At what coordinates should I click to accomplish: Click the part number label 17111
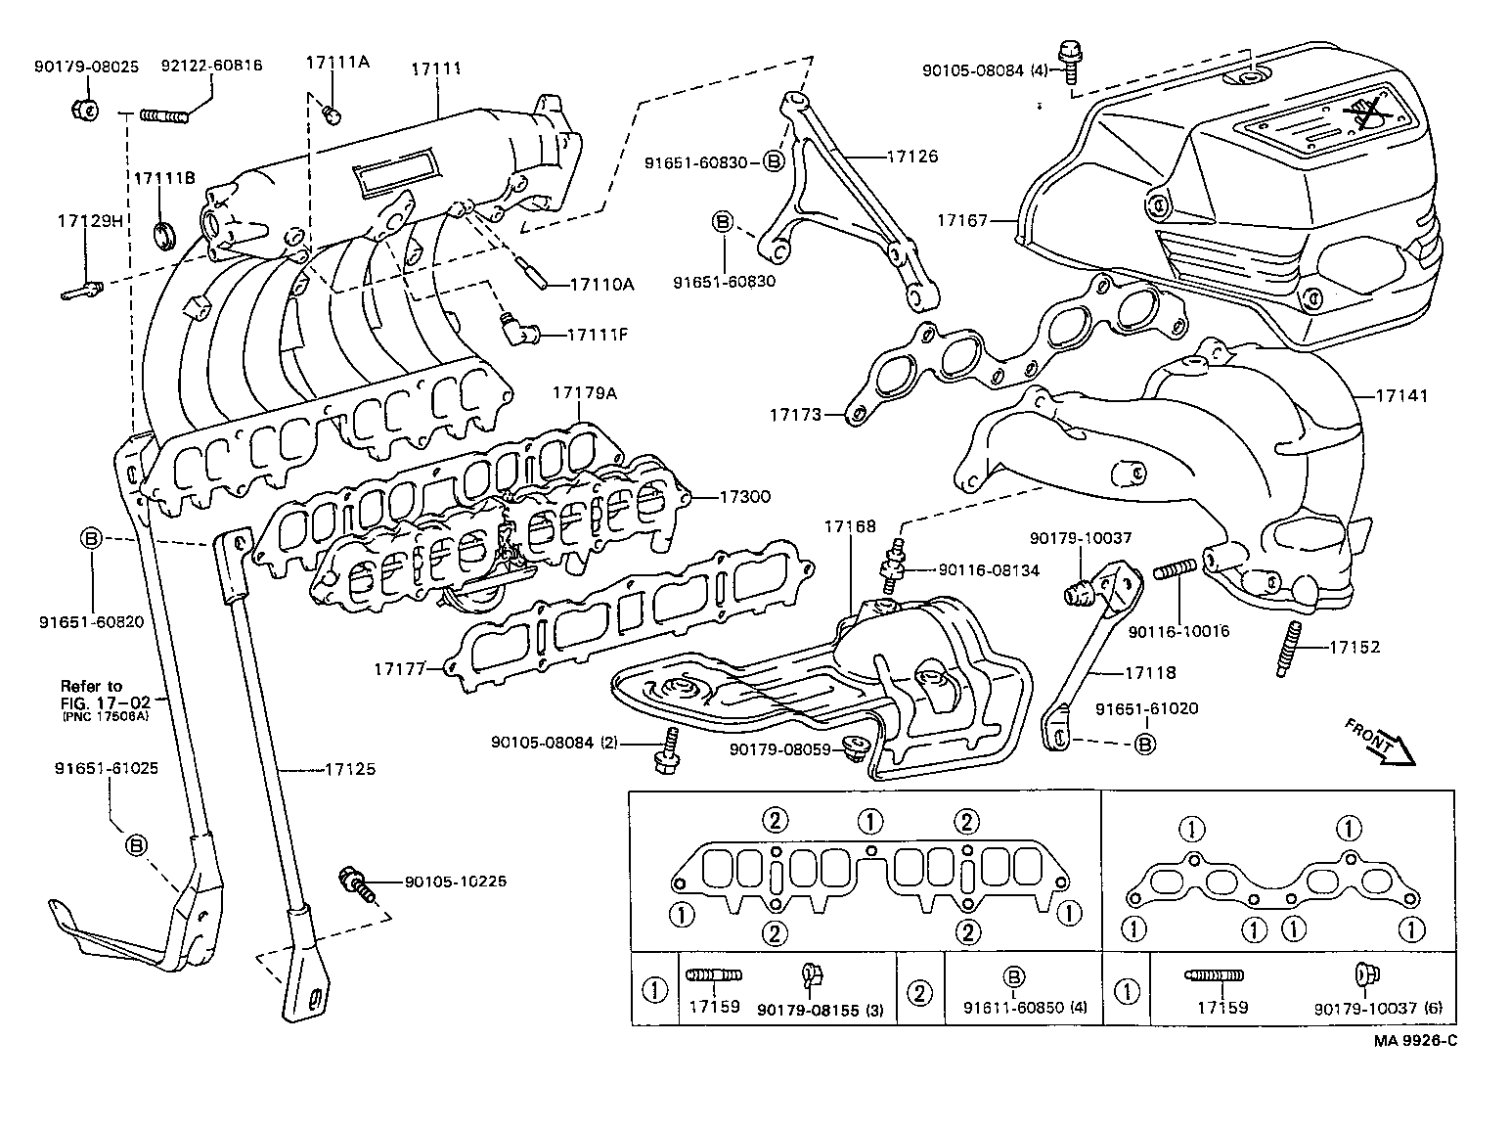[x=436, y=68]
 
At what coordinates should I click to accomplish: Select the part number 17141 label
[x=1401, y=396]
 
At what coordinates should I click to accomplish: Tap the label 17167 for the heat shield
[x=961, y=220]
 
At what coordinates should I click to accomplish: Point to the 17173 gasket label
[x=793, y=415]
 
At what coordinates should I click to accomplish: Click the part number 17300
[x=744, y=497]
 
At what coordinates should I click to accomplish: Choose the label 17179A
[x=584, y=392]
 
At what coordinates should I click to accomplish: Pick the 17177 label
[x=399, y=669]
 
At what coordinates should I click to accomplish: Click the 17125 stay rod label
[x=349, y=769]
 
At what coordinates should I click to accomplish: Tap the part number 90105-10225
[x=456, y=881]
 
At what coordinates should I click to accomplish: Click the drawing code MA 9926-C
[x=1414, y=1040]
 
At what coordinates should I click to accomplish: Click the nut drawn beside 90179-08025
[x=83, y=109]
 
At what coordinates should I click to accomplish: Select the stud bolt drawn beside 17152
[x=1288, y=649]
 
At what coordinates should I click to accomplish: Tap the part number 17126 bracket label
[x=911, y=156]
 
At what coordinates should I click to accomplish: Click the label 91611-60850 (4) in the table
[x=1024, y=1008]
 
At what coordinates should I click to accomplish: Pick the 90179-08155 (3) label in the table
[x=820, y=1009]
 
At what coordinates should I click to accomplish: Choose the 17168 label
[x=849, y=526]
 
